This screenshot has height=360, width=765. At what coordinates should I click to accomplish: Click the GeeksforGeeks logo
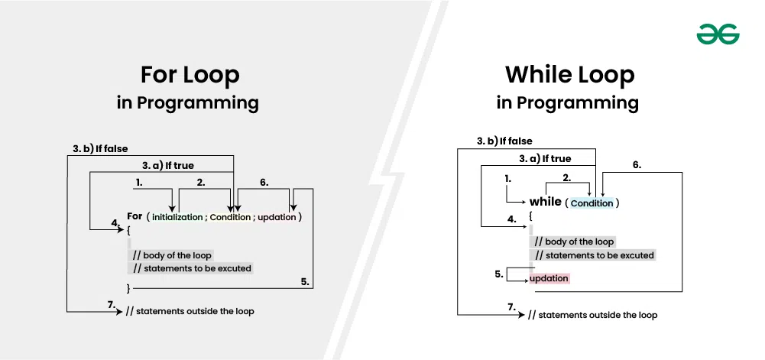click(718, 34)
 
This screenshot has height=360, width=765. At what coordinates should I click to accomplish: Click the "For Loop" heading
click(190, 75)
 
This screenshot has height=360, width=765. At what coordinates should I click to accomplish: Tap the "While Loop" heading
click(570, 75)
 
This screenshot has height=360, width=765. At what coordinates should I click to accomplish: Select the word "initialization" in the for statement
click(177, 217)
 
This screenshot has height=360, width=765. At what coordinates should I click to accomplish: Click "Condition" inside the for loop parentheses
click(230, 217)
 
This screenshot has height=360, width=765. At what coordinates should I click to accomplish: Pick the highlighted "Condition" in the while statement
click(592, 203)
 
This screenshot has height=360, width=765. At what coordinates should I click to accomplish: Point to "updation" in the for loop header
click(277, 217)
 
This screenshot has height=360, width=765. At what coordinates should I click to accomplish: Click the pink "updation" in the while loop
click(549, 278)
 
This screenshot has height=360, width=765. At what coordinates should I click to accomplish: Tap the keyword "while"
click(546, 202)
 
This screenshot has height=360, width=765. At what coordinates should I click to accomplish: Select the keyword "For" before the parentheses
click(135, 216)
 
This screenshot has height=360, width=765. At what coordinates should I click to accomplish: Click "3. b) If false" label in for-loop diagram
click(100, 149)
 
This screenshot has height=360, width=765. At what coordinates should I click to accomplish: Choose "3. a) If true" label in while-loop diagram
click(544, 158)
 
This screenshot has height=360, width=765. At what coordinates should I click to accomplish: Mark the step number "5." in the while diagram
click(499, 274)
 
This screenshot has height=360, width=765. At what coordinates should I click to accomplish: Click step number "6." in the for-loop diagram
click(264, 183)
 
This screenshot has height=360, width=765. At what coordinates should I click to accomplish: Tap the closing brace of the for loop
click(128, 289)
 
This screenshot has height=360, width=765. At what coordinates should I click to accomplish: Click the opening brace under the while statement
click(531, 215)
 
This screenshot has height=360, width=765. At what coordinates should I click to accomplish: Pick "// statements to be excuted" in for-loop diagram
click(192, 268)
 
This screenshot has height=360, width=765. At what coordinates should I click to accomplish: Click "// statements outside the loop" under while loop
click(593, 315)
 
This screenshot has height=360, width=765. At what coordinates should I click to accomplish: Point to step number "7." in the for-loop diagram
click(112, 306)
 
